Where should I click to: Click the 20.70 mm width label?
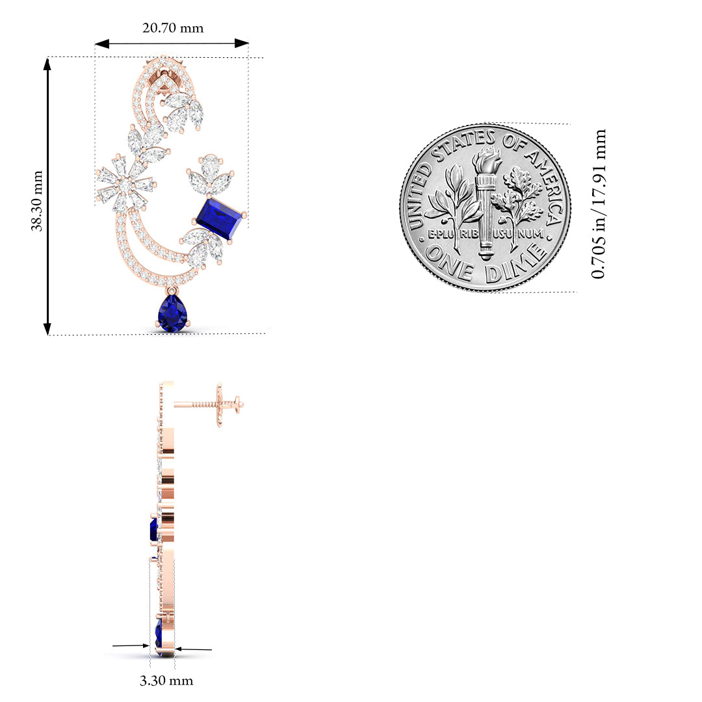point(173,28)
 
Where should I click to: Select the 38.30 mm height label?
point(37,201)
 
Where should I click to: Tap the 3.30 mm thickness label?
point(166,681)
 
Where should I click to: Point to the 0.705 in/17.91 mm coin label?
point(599,203)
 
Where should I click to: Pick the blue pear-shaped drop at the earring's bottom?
point(172,313)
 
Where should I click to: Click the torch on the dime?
point(487,203)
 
